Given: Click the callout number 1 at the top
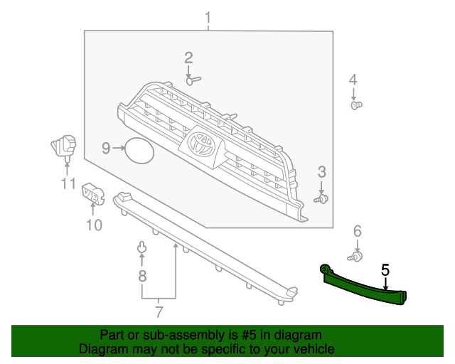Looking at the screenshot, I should tap(208, 16).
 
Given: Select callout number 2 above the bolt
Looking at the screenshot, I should tap(188, 58).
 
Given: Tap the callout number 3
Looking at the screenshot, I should tap(321, 171).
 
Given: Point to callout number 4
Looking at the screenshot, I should tap(353, 79).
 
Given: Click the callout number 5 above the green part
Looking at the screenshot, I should tap(385, 270).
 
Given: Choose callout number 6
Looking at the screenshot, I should tap(358, 230).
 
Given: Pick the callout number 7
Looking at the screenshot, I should tap(159, 311).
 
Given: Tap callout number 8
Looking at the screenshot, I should tap(142, 276).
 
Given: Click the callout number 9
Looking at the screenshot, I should tap(105, 149).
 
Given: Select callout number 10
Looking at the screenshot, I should tap(95, 225).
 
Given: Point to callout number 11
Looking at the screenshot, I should tap(68, 184).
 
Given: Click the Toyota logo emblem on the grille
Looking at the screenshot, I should tap(201, 144).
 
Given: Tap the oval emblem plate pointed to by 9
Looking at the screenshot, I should tap(139, 150).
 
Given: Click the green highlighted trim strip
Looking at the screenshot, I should tap(363, 286).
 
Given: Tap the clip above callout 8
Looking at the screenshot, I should tap(141, 248).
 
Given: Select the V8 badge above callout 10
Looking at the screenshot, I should tap(92, 193).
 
